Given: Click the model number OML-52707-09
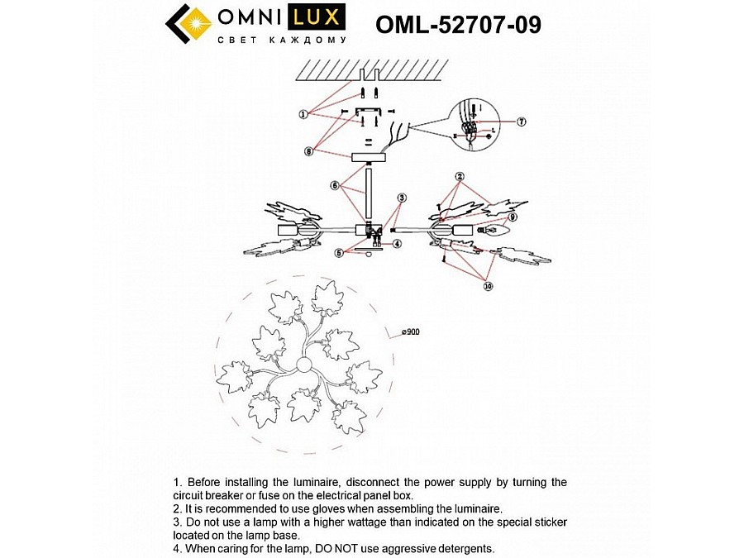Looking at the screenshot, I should click(x=458, y=25).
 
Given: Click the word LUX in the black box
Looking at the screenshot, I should click(x=317, y=17).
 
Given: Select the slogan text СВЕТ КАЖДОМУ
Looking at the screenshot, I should click(x=280, y=39).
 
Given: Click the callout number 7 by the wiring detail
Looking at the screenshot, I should click(x=521, y=122).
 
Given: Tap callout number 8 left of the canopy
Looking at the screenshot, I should click(x=308, y=151).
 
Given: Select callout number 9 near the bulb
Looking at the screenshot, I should click(x=513, y=217).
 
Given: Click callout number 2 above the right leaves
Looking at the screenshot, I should click(x=460, y=176).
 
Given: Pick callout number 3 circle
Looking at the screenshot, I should click(x=402, y=198).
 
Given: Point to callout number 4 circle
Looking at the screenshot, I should click(x=397, y=244).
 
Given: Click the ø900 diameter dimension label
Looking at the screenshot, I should click(x=411, y=331).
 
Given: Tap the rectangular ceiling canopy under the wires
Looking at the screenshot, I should click(x=368, y=157).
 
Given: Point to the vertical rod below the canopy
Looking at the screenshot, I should click(x=369, y=193).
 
